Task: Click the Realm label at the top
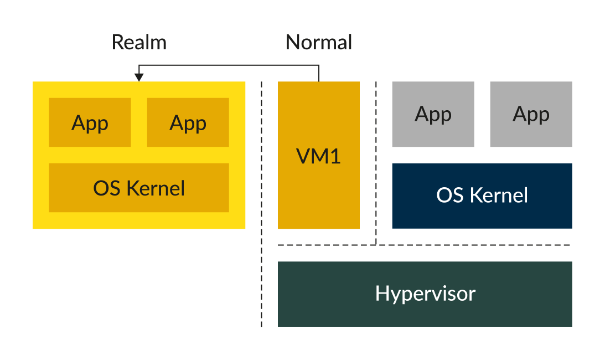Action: (x=139, y=43)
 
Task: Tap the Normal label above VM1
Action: (x=319, y=43)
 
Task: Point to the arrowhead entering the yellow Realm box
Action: (x=139, y=78)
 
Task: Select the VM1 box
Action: (x=319, y=183)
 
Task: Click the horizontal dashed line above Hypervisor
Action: (x=470, y=245)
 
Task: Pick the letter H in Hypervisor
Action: (x=381, y=293)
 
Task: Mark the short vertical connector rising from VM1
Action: (x=319, y=74)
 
